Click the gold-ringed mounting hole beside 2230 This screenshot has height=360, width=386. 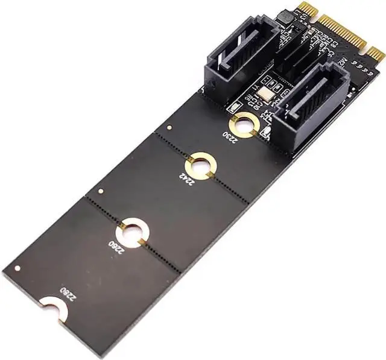click(x=245, y=124)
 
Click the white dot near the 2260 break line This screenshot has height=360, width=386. click(x=100, y=191)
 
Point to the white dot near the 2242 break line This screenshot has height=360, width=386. click(x=169, y=128)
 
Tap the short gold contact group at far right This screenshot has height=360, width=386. click(x=376, y=55)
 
